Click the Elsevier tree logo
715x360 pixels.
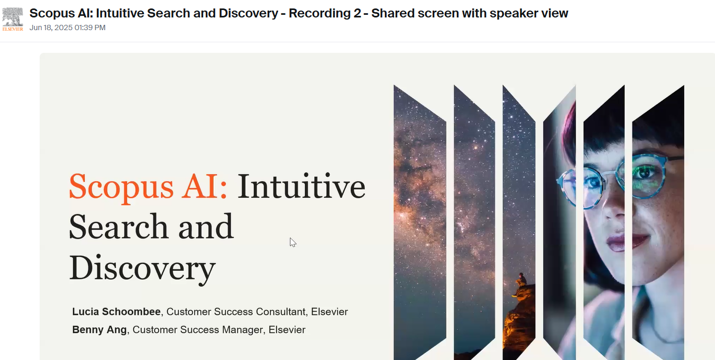13,19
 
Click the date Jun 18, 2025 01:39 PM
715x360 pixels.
67,28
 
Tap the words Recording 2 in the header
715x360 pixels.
325,13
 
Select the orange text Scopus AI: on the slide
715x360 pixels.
148,187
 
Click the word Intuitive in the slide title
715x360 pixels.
301,187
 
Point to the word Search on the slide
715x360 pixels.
118,227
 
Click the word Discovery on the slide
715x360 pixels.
142,269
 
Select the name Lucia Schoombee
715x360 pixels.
116,311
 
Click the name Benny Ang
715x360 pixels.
99,330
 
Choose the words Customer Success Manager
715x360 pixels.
198,330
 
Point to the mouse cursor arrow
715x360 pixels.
292,243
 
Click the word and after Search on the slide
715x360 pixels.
206,227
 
